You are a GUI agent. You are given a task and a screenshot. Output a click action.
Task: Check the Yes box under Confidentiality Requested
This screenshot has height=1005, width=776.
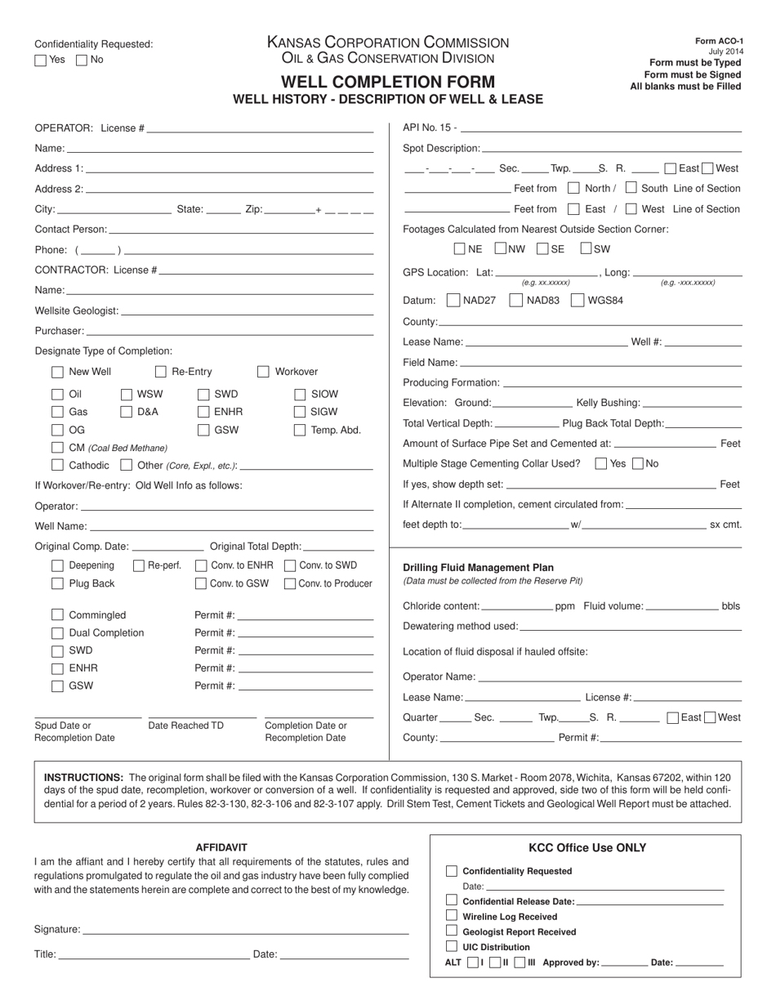coord(41,60)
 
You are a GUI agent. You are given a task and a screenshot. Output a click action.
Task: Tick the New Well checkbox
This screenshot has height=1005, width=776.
coord(57,372)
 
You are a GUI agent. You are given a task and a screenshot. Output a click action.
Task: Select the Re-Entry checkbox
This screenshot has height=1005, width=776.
coord(160,372)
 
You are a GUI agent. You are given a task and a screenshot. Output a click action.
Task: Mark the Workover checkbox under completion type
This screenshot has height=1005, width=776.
coord(263,372)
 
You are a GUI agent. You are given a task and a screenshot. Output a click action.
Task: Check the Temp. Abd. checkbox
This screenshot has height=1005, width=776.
coord(300,430)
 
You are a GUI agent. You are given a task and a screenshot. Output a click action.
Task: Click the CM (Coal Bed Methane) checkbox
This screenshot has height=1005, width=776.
coord(57,448)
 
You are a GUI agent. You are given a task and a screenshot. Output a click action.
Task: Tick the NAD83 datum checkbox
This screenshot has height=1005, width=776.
coord(515,300)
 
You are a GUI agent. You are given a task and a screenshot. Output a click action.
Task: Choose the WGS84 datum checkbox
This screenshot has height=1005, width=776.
coord(577,300)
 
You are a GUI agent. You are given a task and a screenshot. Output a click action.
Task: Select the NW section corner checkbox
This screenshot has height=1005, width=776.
coord(500,249)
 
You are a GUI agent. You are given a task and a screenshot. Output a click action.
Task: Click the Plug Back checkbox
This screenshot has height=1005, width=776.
coord(57,583)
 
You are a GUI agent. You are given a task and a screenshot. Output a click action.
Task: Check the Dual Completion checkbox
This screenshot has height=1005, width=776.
coord(57,633)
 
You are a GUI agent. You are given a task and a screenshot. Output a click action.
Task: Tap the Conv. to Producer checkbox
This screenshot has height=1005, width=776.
coord(290,583)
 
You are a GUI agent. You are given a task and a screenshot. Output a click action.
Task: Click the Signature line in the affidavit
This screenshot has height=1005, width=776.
coord(245,929)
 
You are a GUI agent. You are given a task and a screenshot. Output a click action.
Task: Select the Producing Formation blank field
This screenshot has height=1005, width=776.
coord(622,382)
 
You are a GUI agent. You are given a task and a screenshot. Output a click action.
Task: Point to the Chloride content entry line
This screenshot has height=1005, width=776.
coord(517,606)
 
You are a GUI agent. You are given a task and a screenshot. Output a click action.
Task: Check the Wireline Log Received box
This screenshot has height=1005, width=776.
coord(452,916)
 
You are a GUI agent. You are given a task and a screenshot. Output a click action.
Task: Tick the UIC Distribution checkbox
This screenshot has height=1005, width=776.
coord(452,946)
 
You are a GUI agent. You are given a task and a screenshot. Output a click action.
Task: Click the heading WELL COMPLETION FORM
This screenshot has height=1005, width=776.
coord(388,82)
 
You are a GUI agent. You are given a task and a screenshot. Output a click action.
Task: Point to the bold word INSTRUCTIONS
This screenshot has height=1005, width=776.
coord(83,778)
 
